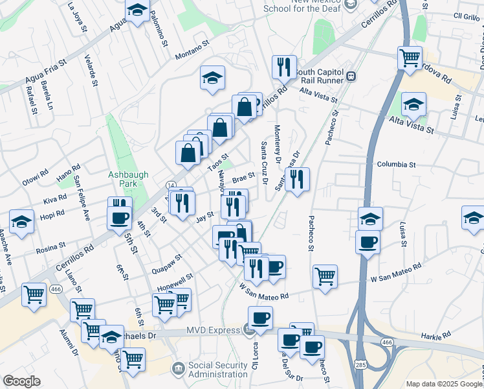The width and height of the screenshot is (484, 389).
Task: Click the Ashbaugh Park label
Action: [x=129, y=180]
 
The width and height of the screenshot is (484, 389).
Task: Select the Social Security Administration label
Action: [x=217, y=370]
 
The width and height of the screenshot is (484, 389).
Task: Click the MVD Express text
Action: [x=213, y=330]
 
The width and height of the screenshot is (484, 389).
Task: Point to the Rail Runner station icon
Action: [x=352, y=76]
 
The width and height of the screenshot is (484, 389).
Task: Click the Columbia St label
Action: [x=396, y=165]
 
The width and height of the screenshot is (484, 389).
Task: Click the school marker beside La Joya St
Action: [x=137, y=10]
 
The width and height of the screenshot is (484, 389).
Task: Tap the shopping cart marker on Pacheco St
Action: [x=325, y=276]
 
